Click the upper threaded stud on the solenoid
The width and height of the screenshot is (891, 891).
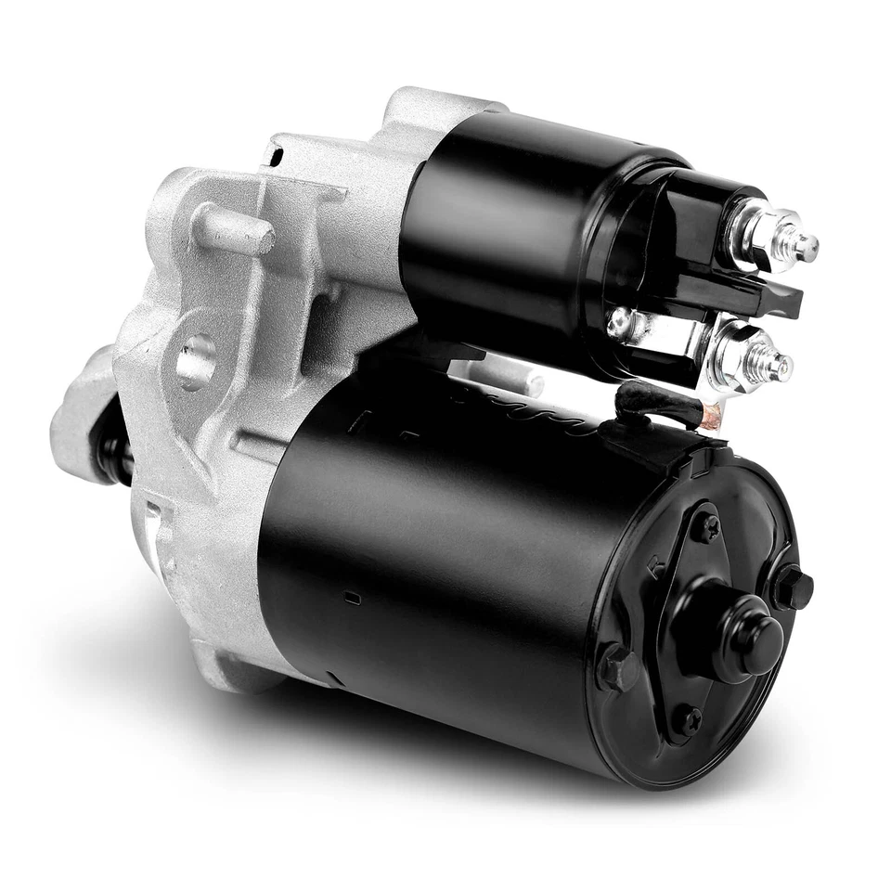800,245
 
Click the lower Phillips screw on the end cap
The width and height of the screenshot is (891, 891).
686,719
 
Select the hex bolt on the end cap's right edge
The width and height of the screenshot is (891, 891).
794,588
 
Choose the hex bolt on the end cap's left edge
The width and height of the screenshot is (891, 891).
617,667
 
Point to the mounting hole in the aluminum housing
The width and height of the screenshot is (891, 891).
196,358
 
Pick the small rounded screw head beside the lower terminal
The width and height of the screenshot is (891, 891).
619,323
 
